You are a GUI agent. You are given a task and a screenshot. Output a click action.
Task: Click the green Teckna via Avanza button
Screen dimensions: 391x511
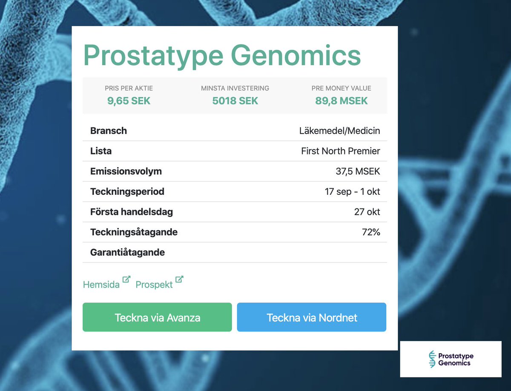[157, 317]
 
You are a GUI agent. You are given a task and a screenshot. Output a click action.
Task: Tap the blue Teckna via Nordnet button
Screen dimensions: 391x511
[312, 317]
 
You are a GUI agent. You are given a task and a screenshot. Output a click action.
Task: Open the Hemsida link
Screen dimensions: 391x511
[101, 285]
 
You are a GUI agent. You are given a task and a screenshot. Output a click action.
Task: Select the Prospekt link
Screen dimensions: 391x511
[154, 285]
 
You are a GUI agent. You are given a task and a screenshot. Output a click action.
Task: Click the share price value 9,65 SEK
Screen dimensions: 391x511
[129, 101]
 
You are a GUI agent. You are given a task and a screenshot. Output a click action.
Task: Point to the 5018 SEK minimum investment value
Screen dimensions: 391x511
[235, 101]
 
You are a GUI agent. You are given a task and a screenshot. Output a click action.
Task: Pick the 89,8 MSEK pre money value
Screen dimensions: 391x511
[341, 101]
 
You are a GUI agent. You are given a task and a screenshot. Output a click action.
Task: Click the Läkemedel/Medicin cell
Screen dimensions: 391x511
[339, 131]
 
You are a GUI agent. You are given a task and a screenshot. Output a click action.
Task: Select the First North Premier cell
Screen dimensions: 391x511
[340, 151]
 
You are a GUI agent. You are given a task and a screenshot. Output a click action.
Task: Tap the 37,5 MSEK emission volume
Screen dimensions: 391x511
[358, 171]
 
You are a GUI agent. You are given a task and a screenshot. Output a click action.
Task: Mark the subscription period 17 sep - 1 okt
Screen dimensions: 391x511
[352, 191]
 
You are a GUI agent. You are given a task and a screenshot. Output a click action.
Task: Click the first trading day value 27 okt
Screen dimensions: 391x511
[367, 211]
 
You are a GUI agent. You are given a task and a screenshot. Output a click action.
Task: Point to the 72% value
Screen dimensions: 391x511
[370, 232]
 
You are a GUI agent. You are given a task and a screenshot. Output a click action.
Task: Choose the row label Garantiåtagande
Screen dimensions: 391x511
[127, 252]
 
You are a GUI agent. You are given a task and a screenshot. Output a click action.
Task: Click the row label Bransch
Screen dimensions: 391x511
[109, 131]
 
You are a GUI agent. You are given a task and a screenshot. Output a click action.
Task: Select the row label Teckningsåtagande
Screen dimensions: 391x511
[134, 232]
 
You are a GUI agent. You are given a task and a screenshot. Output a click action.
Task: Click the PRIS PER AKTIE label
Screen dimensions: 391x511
[129, 88]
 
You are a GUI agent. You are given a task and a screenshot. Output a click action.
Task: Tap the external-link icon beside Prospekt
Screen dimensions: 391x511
[180, 280]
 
